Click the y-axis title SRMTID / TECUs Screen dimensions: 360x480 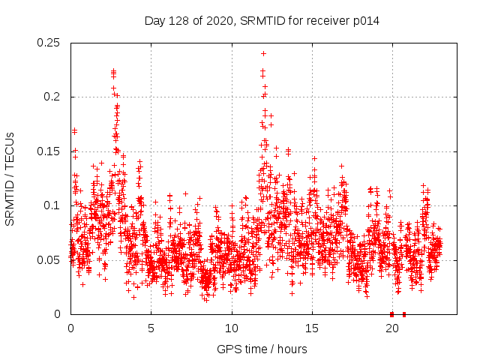[10, 178]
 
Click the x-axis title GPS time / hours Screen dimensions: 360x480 [262, 349]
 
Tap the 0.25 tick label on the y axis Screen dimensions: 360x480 [49, 43]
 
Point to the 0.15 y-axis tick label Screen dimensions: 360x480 [49, 151]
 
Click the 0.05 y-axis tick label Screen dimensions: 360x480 [49, 259]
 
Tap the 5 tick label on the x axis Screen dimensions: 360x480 [151, 328]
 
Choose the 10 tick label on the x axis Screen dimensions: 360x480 [232, 328]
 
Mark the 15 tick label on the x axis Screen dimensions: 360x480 [312, 328]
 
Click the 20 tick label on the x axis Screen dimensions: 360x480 [392, 328]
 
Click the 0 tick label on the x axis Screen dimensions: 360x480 [70, 328]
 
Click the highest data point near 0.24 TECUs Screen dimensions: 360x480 [263, 53]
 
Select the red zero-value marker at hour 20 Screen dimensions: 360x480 [391, 314]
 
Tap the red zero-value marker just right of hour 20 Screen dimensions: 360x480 [404, 314]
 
